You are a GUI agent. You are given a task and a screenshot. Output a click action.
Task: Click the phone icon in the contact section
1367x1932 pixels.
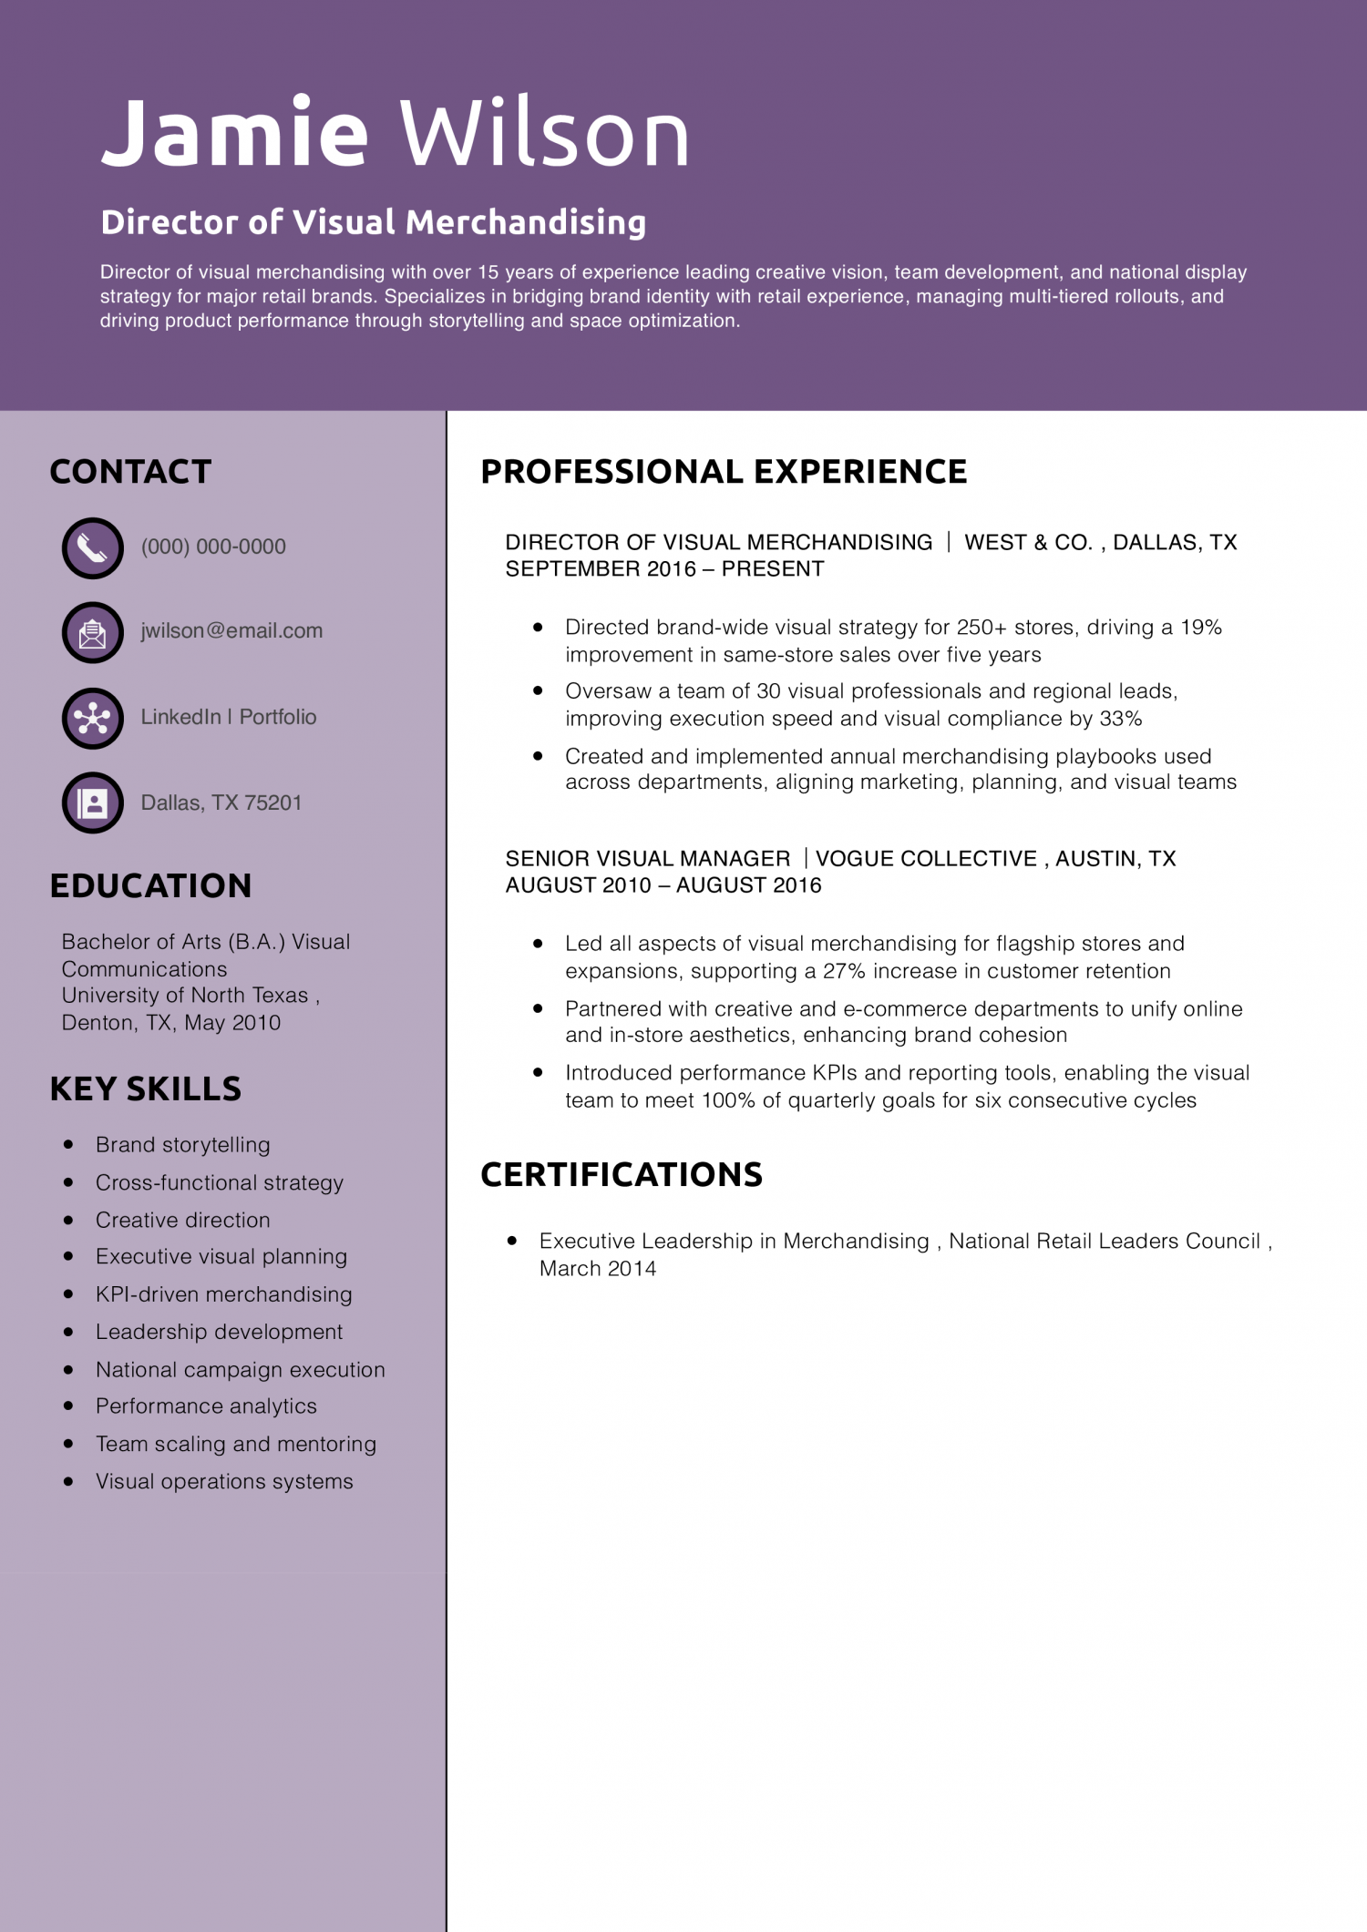pyautogui.click(x=92, y=547)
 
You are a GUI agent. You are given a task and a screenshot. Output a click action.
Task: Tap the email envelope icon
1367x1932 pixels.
pyautogui.click(x=92, y=632)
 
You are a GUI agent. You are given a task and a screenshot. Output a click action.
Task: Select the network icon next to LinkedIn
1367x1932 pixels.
pyautogui.click(x=92, y=718)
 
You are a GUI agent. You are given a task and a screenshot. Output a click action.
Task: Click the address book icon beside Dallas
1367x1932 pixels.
pyautogui.click(x=92, y=802)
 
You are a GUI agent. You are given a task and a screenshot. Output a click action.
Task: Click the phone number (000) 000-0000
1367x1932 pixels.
pyautogui.click(x=213, y=547)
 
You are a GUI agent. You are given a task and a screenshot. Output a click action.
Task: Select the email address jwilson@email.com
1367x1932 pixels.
pyautogui.click(x=231, y=630)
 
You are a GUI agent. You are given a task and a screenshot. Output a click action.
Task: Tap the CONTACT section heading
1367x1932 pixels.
pyautogui.click(x=130, y=472)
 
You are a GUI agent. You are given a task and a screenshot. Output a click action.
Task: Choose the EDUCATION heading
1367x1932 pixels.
pyautogui.click(x=150, y=885)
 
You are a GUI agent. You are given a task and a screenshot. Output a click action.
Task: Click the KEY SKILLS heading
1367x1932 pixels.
pyautogui.click(x=146, y=1089)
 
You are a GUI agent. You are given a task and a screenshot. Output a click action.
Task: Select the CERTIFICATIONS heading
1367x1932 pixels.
pyautogui.click(x=622, y=1175)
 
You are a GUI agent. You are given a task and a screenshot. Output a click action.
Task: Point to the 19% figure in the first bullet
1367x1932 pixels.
pyautogui.click(x=1201, y=628)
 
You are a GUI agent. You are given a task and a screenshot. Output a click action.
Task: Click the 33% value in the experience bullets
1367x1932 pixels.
pyautogui.click(x=1121, y=719)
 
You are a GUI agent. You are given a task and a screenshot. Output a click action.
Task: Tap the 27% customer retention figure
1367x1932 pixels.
pyautogui.click(x=844, y=971)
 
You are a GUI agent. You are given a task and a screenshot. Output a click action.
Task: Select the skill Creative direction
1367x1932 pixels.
pyautogui.click(x=183, y=1220)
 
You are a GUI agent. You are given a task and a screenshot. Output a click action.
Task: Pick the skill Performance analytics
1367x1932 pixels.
pyautogui.click(x=207, y=1406)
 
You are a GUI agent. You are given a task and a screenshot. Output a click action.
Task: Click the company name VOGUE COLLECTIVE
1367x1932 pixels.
pyautogui.click(x=926, y=859)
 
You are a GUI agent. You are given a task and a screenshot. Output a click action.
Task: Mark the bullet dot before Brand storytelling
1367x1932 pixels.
pyautogui.click(x=68, y=1145)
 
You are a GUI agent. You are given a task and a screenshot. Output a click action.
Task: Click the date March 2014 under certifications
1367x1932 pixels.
pyautogui.click(x=598, y=1269)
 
